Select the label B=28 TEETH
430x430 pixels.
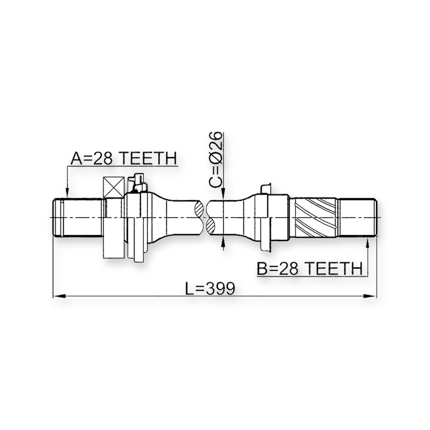click(309, 268)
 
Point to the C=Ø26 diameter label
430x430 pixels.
click(215, 160)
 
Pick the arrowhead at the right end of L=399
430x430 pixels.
click(370, 296)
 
